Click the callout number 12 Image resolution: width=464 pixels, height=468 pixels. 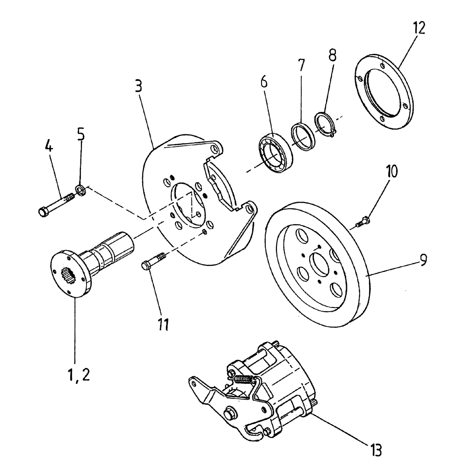419,29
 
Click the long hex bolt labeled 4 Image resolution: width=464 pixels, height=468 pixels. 56,206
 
